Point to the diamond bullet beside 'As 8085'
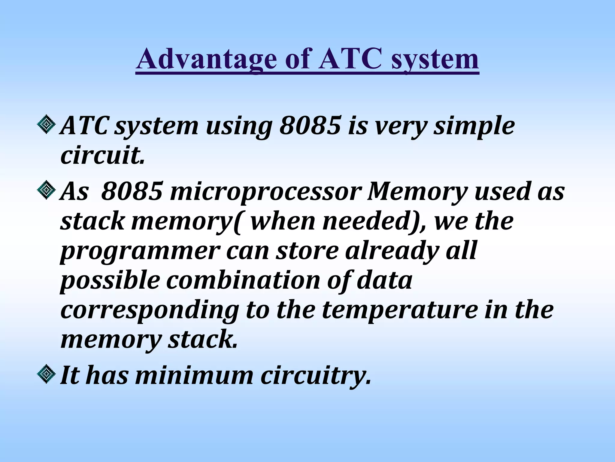click(46, 189)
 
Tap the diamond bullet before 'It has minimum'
click(46, 374)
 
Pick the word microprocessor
click(264, 192)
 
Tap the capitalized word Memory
click(417, 192)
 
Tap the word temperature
click(399, 310)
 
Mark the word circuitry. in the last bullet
click(315, 376)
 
